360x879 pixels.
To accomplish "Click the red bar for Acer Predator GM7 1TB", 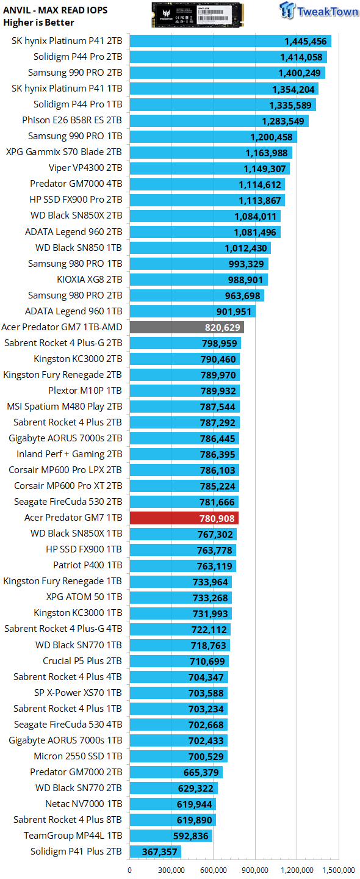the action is click(184, 518).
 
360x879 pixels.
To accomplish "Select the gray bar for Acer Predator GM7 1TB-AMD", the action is click(187, 327).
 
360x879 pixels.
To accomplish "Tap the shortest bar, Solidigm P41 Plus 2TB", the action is click(156, 852).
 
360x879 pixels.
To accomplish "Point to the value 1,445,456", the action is click(306, 42).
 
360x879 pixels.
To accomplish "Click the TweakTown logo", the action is click(319, 10).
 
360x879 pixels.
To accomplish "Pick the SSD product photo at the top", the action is click(198, 15).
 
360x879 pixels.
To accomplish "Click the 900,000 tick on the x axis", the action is click(255, 870).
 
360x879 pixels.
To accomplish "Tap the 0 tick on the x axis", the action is click(130, 870).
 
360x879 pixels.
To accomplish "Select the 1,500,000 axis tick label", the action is click(339, 870).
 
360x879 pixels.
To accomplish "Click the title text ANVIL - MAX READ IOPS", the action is click(56, 10).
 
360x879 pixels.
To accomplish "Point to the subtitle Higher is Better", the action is click(38, 23).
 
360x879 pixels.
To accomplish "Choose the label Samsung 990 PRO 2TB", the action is click(75, 73).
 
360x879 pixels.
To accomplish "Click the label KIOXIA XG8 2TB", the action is click(90, 280).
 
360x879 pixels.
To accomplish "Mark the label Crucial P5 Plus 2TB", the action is click(82, 661).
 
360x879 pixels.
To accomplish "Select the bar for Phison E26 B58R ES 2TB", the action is click(219, 120).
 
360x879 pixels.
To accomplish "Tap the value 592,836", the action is click(191, 836).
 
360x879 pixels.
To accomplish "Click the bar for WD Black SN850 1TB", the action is click(200, 248).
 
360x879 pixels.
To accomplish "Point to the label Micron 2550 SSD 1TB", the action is click(78, 756).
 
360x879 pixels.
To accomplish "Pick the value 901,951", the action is click(234, 311).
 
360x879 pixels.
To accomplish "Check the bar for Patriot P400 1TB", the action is click(182, 566).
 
